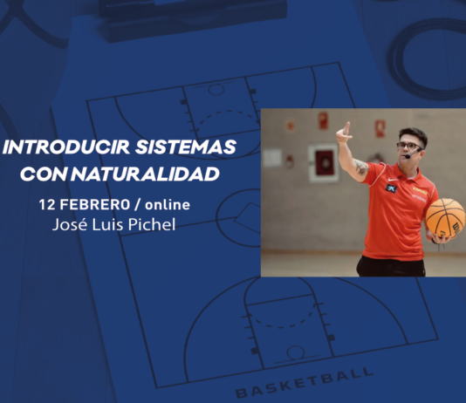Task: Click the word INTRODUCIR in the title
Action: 66,147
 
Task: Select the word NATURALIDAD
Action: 145,174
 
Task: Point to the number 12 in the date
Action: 47,205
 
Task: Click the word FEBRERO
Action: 95,205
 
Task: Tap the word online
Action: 168,205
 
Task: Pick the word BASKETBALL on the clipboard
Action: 304,382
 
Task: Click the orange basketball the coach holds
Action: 445,218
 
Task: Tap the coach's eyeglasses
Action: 408,147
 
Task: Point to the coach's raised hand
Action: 344,133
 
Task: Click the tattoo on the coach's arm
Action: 361,167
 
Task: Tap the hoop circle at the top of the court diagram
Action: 216,90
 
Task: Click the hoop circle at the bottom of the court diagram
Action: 296,352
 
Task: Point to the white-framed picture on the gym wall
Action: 324,163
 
